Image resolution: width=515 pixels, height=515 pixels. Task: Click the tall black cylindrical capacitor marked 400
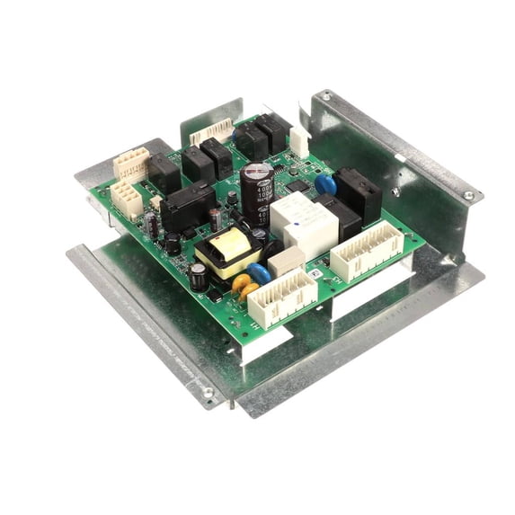256,191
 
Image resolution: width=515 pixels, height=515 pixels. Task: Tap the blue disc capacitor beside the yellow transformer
259,273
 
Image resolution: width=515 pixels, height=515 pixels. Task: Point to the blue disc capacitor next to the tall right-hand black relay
326,185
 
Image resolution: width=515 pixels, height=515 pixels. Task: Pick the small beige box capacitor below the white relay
286,260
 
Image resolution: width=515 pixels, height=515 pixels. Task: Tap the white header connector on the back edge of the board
212,132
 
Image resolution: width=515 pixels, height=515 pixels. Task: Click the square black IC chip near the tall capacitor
296,186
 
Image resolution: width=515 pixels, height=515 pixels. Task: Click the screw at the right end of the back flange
468,195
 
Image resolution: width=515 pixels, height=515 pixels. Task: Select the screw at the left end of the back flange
325,95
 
